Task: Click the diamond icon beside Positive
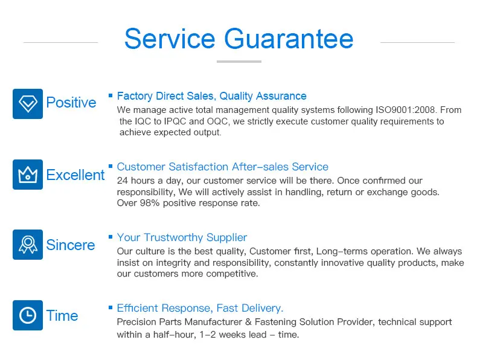(28, 104)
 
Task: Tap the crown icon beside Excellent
(28, 175)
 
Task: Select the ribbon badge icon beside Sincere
(28, 245)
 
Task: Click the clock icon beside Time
(28, 315)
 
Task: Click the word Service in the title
(170, 39)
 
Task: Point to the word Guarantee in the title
(289, 39)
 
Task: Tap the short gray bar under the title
(239, 62)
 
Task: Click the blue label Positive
(71, 103)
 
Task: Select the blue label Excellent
(75, 175)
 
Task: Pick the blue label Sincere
(71, 245)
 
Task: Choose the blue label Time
(62, 315)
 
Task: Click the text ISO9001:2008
(406, 109)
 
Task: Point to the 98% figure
(150, 203)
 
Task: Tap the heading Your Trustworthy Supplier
(182, 237)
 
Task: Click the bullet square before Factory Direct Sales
(110, 95)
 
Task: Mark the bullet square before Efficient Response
(110, 307)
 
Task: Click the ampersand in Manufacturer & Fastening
(248, 322)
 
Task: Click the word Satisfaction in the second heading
(198, 167)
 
